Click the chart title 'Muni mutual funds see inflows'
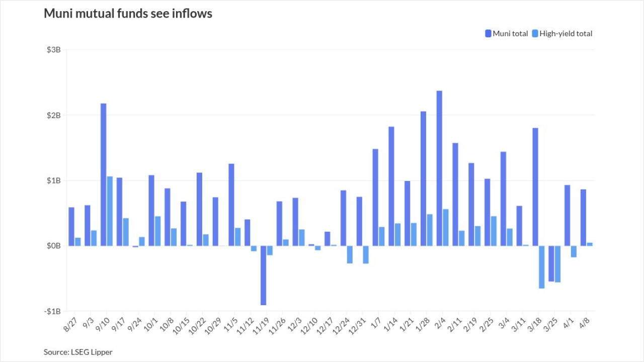(128, 14)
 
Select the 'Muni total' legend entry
(507, 34)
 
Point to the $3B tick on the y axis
(54, 50)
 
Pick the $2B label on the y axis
(54, 116)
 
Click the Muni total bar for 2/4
(439, 168)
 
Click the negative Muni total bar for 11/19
(263, 276)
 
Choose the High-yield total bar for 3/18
(542, 267)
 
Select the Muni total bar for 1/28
(423, 178)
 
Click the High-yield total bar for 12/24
(350, 254)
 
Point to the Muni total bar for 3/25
(551, 263)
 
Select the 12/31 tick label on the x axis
(357, 325)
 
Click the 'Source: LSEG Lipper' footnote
(78, 352)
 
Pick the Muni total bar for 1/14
(391, 186)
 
